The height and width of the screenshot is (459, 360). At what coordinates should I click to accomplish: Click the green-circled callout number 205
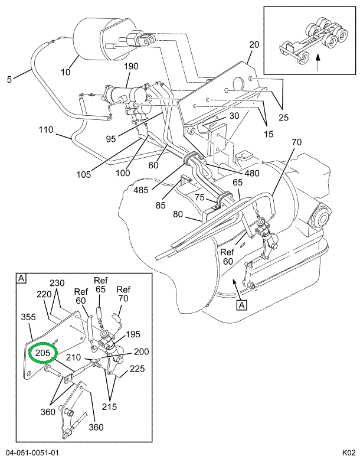click(x=43, y=353)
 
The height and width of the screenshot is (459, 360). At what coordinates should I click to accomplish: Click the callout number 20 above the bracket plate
click(x=254, y=45)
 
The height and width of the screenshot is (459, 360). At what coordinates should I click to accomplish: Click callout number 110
click(x=47, y=129)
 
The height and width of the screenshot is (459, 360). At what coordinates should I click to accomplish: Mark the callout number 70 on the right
click(x=296, y=142)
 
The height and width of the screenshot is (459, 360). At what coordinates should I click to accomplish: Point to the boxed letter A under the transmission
click(x=242, y=305)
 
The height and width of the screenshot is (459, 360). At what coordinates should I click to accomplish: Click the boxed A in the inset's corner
click(x=21, y=278)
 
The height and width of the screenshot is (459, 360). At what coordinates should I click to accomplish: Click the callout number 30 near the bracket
click(x=234, y=116)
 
